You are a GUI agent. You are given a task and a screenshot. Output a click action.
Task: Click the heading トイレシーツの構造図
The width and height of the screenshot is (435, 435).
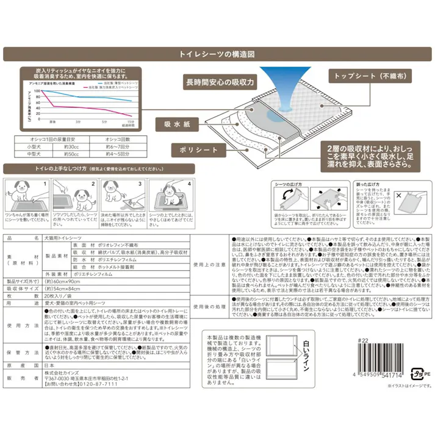click(217, 54)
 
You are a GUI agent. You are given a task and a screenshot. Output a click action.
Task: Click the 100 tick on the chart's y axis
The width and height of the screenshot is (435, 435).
click(38, 91)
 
